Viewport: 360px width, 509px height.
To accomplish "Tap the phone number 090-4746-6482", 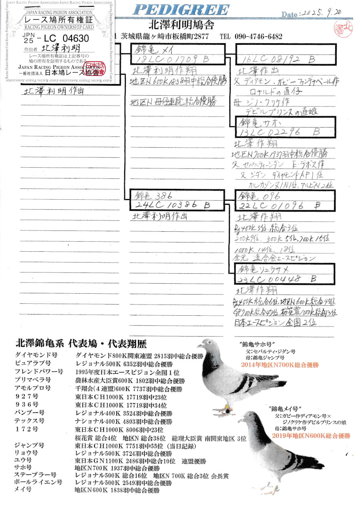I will click(x=258, y=36).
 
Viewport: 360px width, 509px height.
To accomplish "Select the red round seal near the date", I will click(x=343, y=28).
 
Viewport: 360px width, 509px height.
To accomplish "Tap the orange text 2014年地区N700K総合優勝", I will click(x=280, y=365).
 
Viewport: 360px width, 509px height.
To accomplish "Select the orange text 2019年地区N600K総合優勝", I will click(x=311, y=436).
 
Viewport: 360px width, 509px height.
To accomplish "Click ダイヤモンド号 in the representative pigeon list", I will click(x=36, y=355).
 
